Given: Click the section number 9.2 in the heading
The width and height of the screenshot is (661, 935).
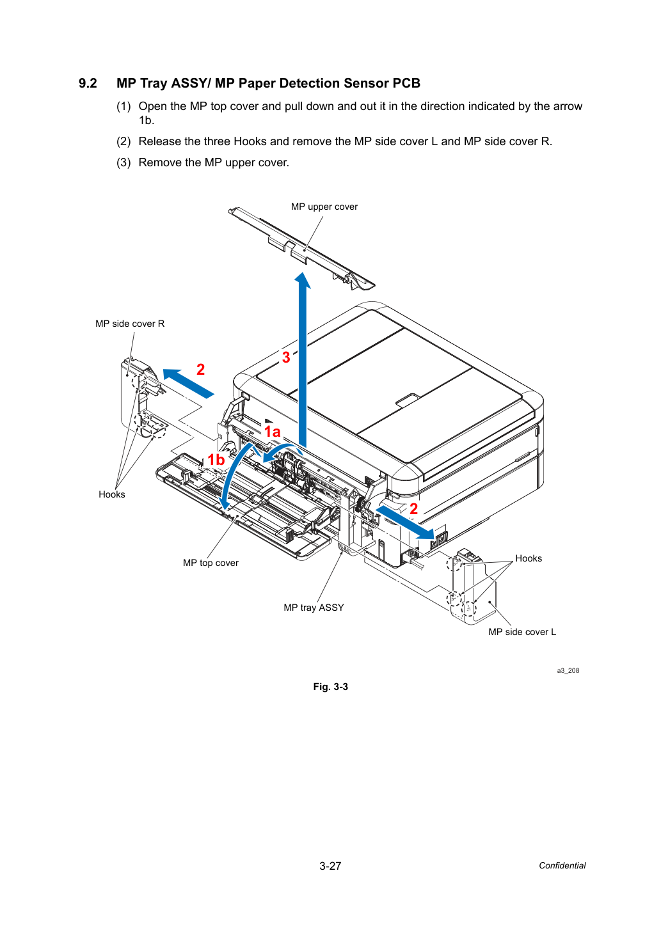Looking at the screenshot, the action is (x=88, y=83).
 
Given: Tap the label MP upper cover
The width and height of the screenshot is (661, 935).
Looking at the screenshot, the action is (x=324, y=207).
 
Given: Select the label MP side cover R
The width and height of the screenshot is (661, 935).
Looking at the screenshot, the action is (x=130, y=324).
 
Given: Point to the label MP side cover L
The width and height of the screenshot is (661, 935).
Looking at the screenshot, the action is (x=522, y=632).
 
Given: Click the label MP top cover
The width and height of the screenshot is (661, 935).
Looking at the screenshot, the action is (x=211, y=563).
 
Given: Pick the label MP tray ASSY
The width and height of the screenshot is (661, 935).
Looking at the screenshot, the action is (x=314, y=608).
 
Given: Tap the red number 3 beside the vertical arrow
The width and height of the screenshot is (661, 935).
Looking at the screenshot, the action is (x=286, y=357).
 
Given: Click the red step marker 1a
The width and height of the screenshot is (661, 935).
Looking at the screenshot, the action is (x=272, y=432).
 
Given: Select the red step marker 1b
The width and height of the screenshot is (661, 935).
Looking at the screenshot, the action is (x=216, y=460).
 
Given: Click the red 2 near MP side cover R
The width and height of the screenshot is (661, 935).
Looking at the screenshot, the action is (x=200, y=370).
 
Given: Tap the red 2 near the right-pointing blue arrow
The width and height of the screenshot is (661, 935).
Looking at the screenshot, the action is (x=413, y=509).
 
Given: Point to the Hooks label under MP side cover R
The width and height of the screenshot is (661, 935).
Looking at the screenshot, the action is (x=111, y=494).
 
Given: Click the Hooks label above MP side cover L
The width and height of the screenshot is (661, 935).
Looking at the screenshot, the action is (x=528, y=558).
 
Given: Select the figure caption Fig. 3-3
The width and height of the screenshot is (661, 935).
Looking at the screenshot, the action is (x=330, y=687).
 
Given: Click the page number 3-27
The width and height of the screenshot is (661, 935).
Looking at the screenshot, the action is (x=330, y=866).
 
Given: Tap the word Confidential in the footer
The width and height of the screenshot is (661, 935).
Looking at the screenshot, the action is (x=562, y=865).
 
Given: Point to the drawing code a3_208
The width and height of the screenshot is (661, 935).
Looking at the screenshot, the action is (x=568, y=670).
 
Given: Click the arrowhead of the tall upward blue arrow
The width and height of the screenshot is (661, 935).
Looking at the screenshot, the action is (x=303, y=280).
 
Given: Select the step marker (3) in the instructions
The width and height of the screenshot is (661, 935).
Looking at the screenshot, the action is (x=123, y=162).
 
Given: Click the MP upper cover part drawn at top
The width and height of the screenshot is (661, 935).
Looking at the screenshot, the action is (x=302, y=249).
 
